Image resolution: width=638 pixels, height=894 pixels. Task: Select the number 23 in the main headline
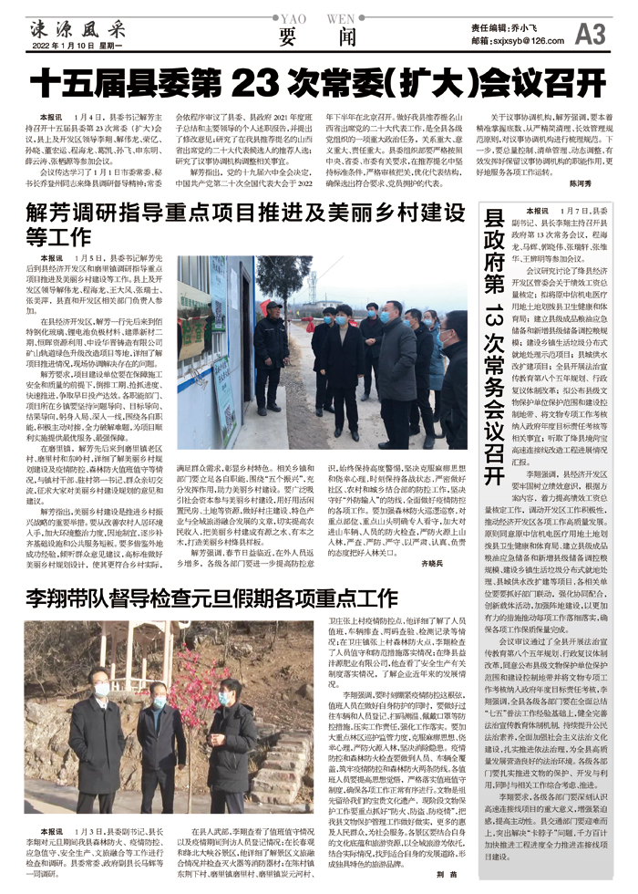pos(251,83)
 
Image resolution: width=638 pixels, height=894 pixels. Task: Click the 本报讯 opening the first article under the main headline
pos(51,119)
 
